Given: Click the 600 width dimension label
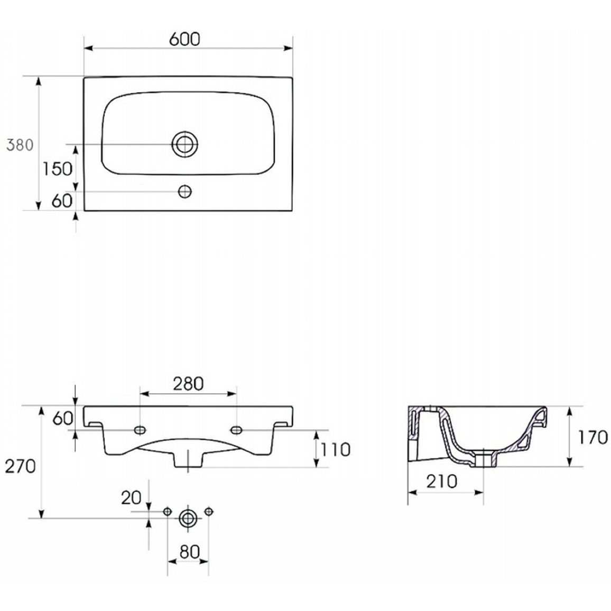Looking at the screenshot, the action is click(x=184, y=39).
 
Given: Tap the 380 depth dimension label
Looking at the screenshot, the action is click(x=20, y=145).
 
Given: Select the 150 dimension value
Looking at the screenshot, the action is click(x=57, y=169).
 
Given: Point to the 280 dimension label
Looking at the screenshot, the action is click(x=188, y=384).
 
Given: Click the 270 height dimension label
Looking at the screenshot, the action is click(x=20, y=466).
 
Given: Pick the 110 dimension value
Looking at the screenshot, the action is click(x=335, y=450).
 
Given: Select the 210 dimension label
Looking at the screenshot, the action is click(x=441, y=482).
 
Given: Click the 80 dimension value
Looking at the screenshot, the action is click(x=190, y=552).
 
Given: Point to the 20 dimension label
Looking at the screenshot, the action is click(x=131, y=497).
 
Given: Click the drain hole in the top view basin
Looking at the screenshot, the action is click(x=185, y=144).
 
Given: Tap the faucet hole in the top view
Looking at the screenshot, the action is click(x=184, y=191).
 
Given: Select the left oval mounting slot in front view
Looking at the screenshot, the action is click(x=140, y=430).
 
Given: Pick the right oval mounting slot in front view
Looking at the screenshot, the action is click(x=237, y=430).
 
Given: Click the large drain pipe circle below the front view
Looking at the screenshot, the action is click(x=188, y=519).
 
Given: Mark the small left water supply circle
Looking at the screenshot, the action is click(x=167, y=512).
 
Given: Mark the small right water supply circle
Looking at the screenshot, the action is click(x=209, y=511).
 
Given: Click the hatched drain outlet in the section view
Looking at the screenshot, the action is click(x=484, y=459).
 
